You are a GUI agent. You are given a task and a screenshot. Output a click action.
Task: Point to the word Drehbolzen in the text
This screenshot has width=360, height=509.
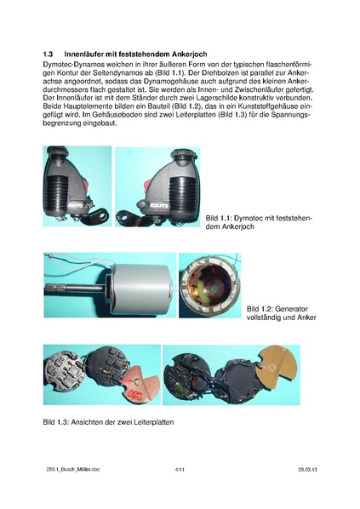[215, 73]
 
